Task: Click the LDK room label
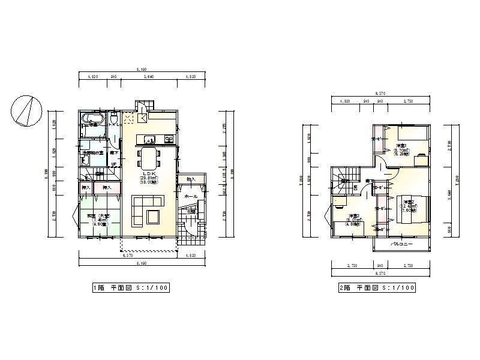[x=148, y=174]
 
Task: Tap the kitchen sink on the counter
[x=149, y=140]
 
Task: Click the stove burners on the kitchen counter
[x=169, y=140]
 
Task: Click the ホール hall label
[x=191, y=196]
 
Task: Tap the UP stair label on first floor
[x=113, y=163]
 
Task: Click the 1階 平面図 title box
[x=130, y=288]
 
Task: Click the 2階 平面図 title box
[x=377, y=288]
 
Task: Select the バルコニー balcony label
[x=401, y=245]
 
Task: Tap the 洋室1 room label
[x=401, y=146]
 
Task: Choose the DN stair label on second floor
[x=355, y=187]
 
